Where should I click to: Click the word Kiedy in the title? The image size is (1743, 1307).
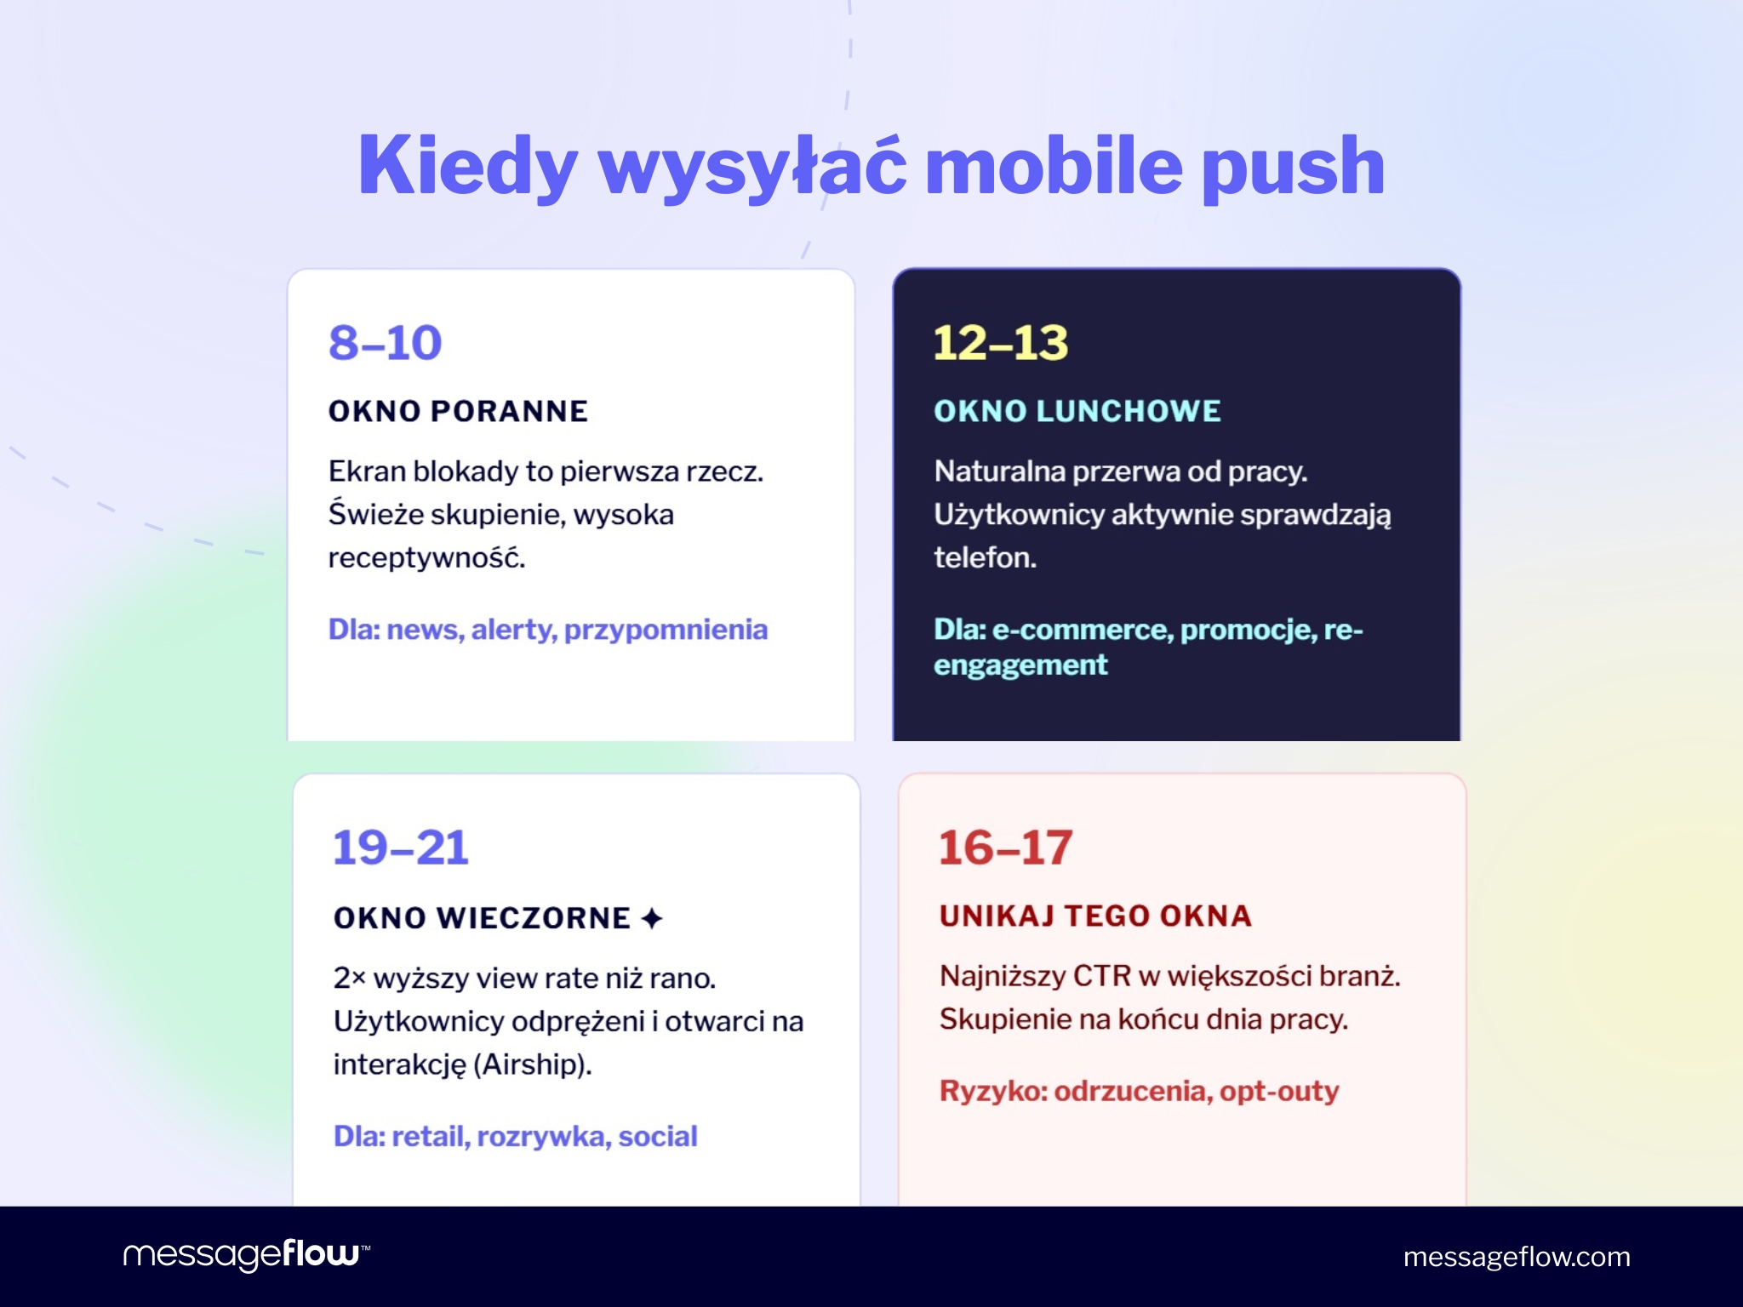coord(468,166)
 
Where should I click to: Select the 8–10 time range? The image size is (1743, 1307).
coord(386,343)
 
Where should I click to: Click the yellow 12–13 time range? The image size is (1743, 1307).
coord(1001,343)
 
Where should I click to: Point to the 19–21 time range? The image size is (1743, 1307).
coord(401,848)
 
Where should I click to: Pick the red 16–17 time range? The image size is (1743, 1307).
coord(1006,848)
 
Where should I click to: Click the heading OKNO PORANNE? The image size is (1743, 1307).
coord(458,411)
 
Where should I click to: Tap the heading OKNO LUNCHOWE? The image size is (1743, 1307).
coord(1077,411)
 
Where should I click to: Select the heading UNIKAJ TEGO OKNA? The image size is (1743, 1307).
coord(1095,916)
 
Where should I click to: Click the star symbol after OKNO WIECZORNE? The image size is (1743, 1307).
coord(652,918)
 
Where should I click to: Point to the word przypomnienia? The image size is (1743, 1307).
coord(666,630)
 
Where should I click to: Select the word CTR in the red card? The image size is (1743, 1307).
coord(1101,976)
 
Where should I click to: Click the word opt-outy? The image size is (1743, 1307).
coord(1279,1091)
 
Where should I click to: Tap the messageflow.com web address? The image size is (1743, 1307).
coord(1517,1257)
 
